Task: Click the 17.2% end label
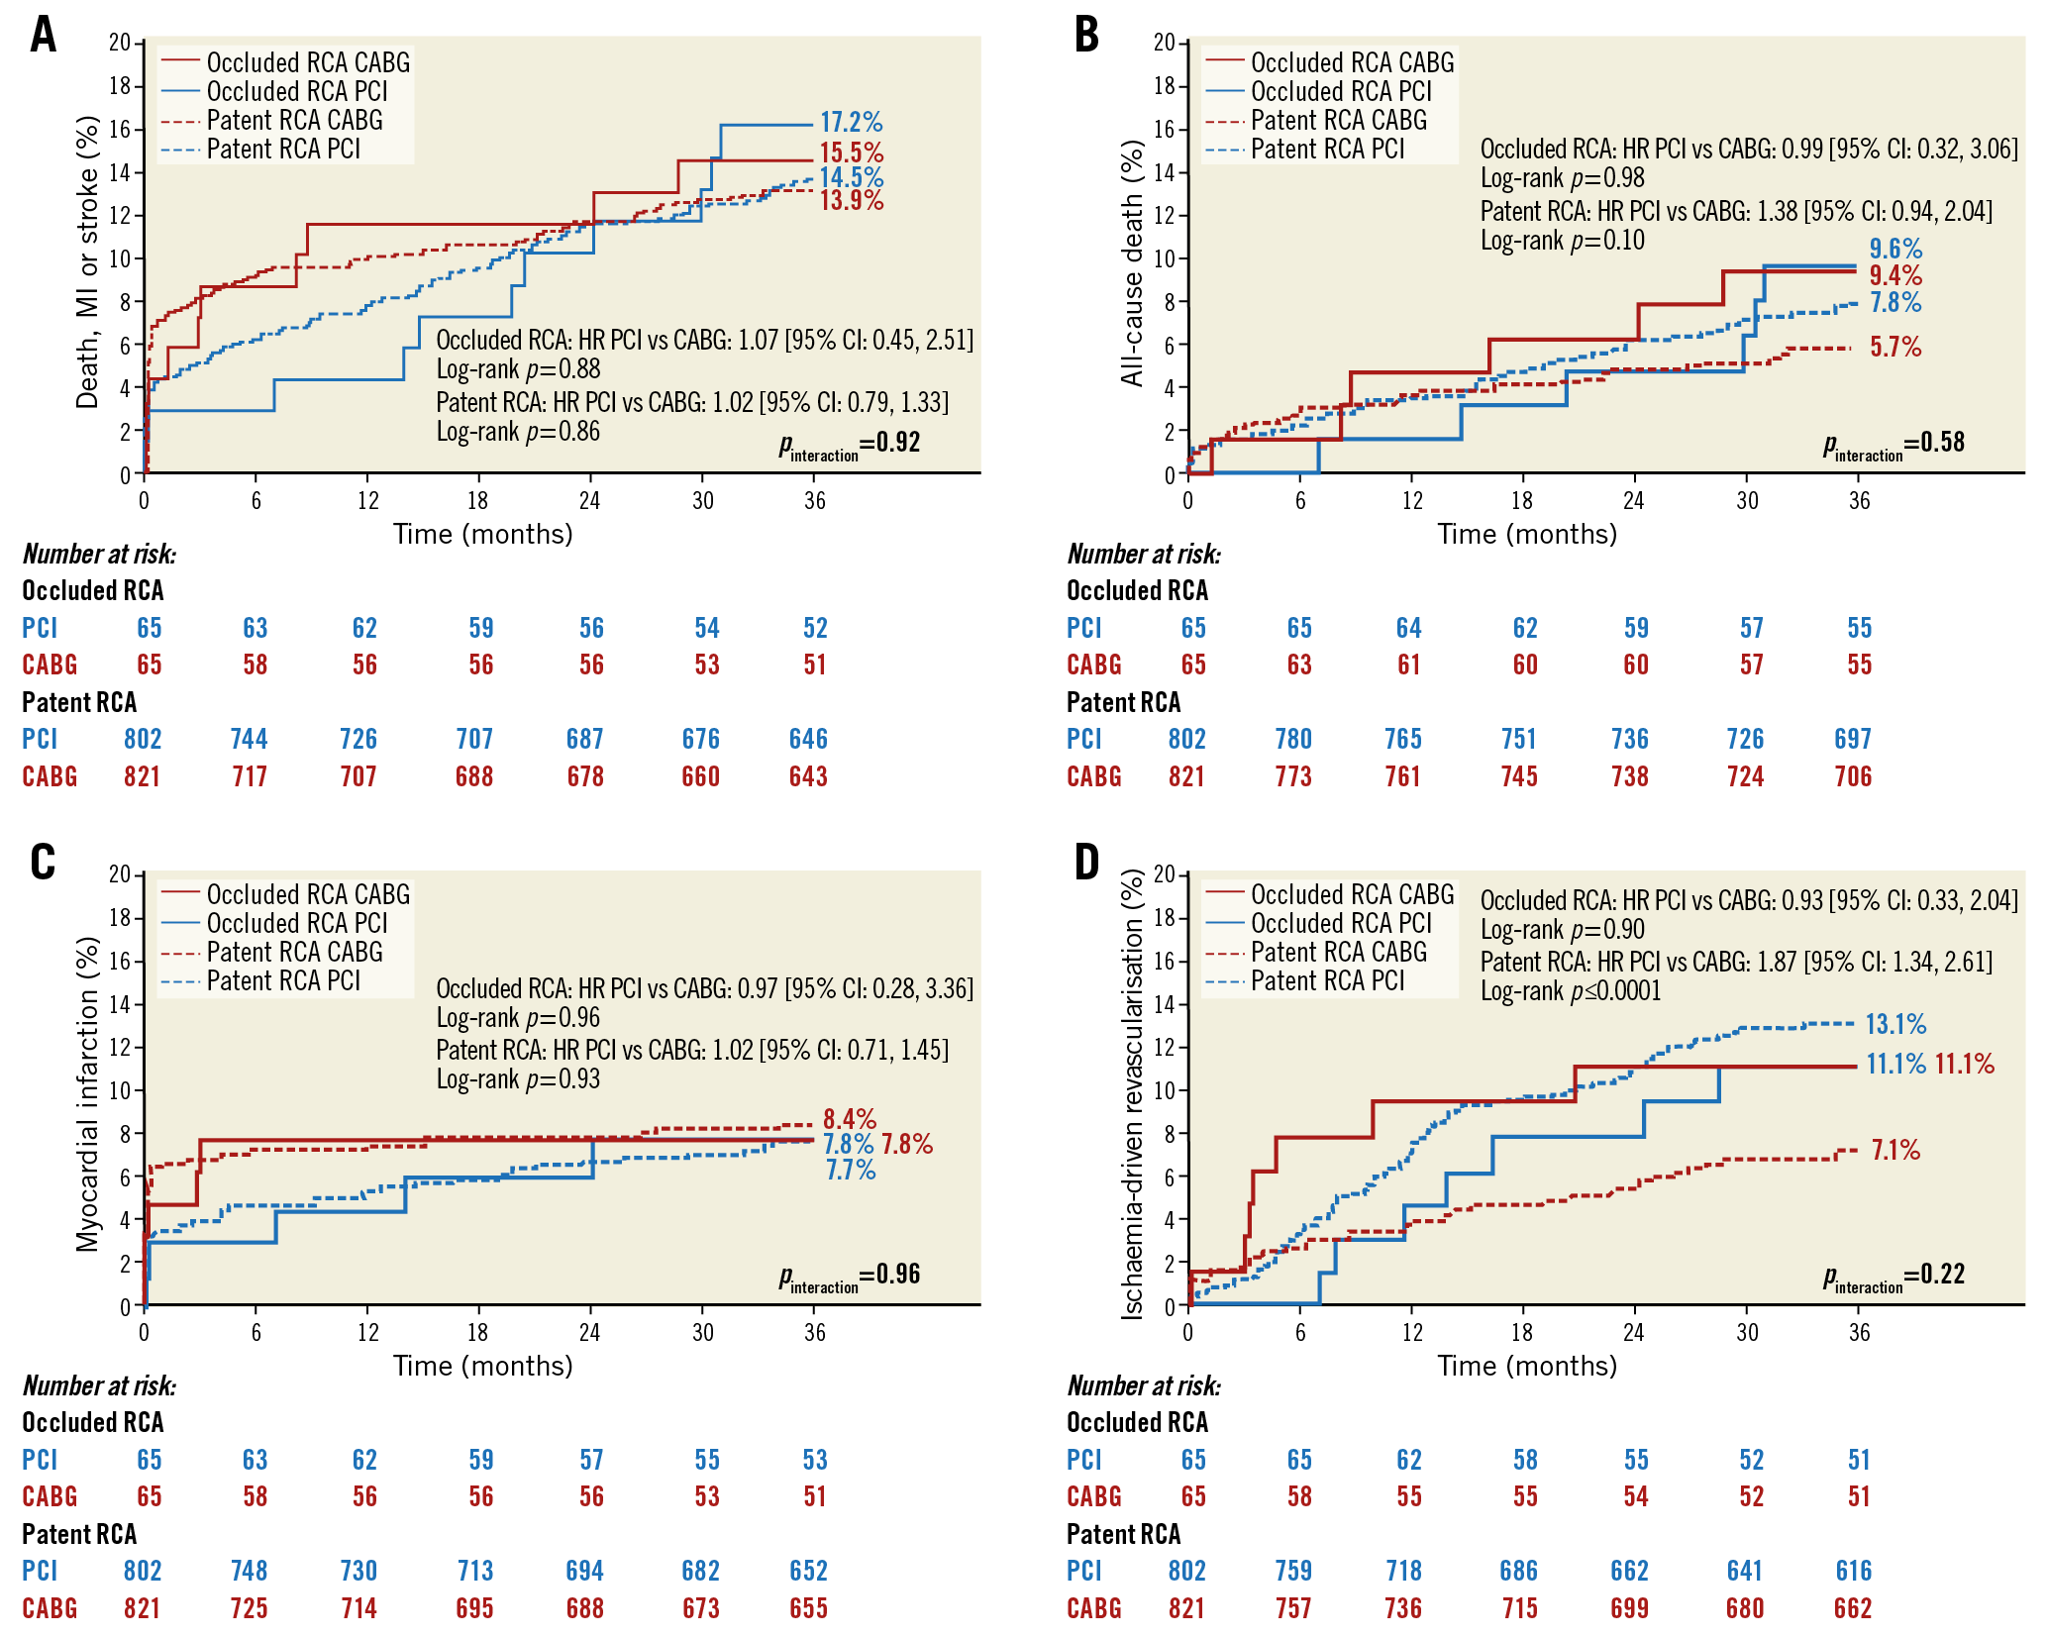tap(851, 123)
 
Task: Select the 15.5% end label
tap(851, 154)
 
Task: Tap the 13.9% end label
tap(851, 200)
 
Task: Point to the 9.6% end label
tap(1895, 250)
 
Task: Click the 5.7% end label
tap(1895, 348)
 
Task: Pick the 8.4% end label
tap(850, 1120)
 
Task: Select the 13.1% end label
tap(1896, 1024)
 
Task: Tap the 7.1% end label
tap(1895, 1151)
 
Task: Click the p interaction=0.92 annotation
tap(850, 445)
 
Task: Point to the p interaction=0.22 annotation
tap(1894, 1277)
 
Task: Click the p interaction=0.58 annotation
tap(1894, 445)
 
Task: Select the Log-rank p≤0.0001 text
tap(1571, 991)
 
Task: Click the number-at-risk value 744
tap(249, 740)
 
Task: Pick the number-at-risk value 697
tap(1853, 740)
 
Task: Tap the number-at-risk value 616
tap(1854, 1572)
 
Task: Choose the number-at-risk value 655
tap(808, 1609)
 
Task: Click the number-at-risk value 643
tap(808, 777)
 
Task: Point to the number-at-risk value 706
tap(1853, 777)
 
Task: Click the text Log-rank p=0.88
tap(519, 370)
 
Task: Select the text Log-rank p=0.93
tap(519, 1079)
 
